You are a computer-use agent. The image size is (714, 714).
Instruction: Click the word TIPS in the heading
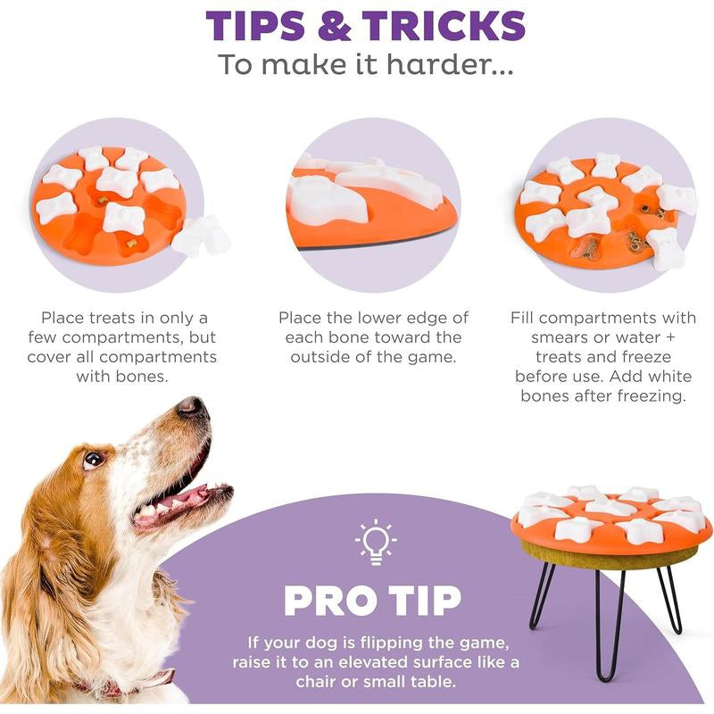255,26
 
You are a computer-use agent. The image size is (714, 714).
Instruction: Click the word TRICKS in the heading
444,26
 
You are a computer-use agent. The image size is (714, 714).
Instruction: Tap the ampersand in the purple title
334,26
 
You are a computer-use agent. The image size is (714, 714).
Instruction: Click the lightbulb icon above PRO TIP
376,542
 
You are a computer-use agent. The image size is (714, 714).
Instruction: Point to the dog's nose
190,405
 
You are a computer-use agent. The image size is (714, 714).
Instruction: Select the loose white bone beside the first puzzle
202,235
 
